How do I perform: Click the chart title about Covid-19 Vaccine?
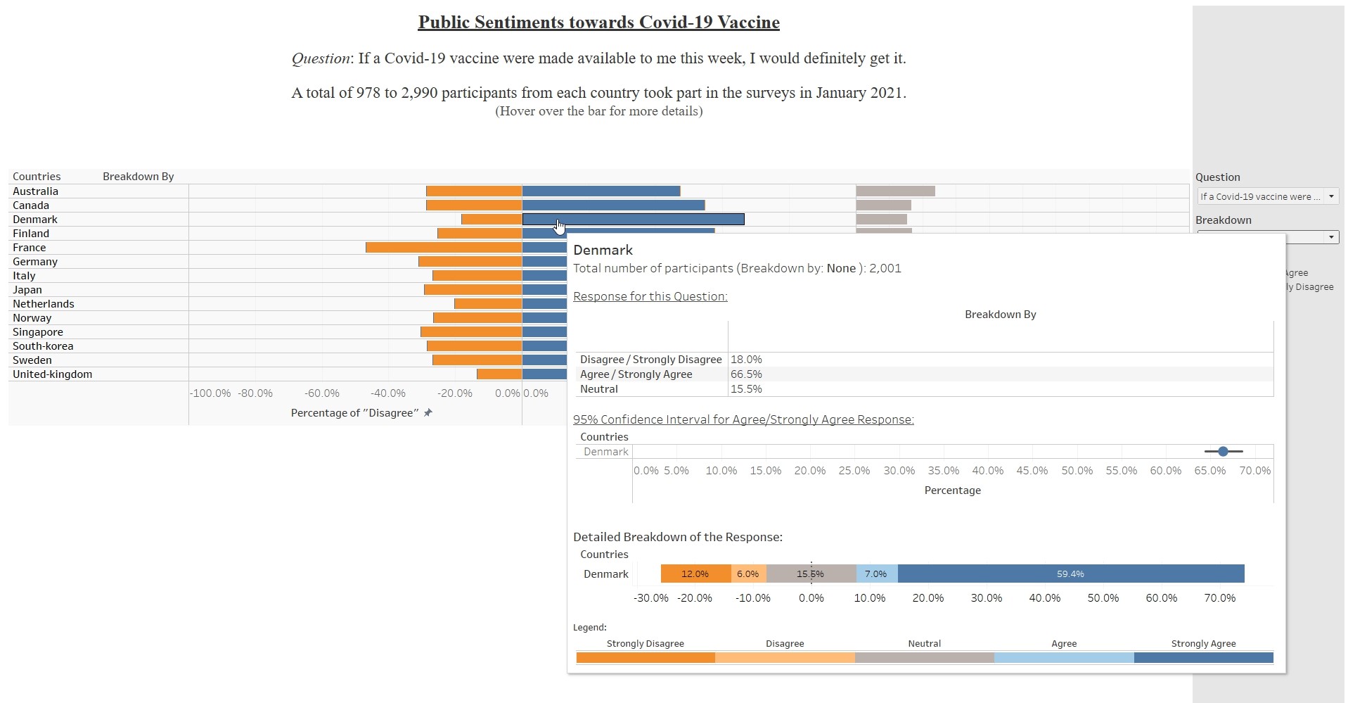(x=598, y=23)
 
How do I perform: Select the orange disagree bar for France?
(x=444, y=248)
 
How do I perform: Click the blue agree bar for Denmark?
(x=633, y=220)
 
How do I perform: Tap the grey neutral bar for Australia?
(x=895, y=191)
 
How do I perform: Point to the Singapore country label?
(x=38, y=332)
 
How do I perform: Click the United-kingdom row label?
(x=52, y=374)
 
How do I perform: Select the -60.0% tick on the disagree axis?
(x=321, y=393)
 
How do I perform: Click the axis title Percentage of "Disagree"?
(x=354, y=413)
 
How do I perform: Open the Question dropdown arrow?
(x=1331, y=197)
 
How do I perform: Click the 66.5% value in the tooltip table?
(x=746, y=374)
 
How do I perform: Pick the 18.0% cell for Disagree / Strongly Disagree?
(x=746, y=360)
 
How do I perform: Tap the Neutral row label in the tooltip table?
(x=599, y=389)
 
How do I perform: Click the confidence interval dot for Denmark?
(x=1223, y=451)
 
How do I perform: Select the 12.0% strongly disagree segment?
(x=695, y=574)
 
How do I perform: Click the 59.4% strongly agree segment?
(x=1070, y=574)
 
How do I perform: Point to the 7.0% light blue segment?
(x=876, y=574)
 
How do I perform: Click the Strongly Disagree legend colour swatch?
(x=645, y=658)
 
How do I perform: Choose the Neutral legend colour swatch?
(x=924, y=658)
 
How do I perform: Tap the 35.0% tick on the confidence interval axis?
(x=943, y=471)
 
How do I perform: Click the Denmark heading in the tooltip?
(x=603, y=251)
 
